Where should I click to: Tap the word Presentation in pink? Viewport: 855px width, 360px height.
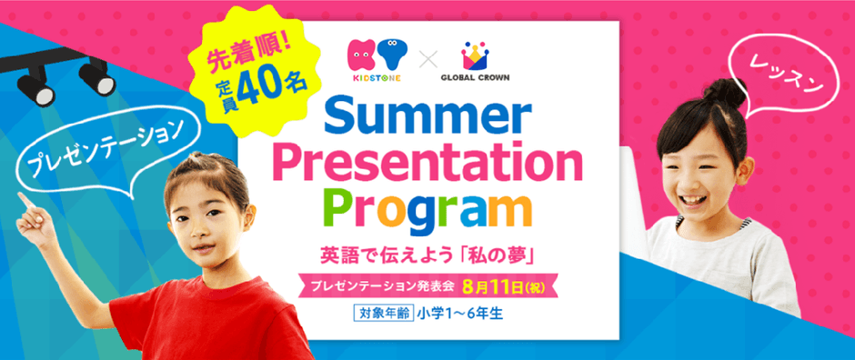tap(428, 163)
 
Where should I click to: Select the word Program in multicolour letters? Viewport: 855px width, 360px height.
tap(428, 210)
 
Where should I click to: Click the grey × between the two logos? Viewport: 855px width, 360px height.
tap(429, 60)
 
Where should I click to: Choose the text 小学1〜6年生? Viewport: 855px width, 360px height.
tap(458, 315)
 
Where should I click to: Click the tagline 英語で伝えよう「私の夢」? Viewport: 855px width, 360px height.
tap(429, 257)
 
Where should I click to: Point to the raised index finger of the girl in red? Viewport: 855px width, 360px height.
tap(24, 200)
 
